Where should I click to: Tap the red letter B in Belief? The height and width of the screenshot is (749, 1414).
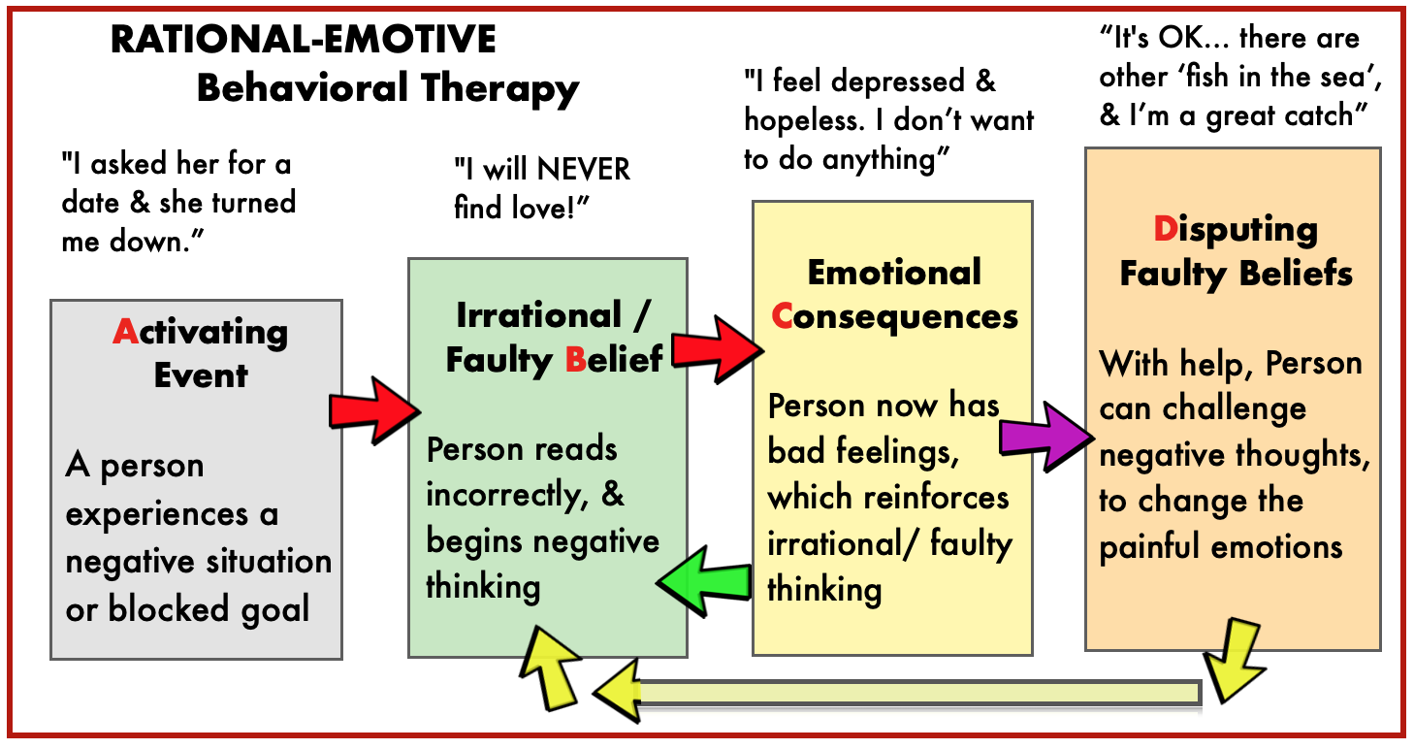pyautogui.click(x=576, y=359)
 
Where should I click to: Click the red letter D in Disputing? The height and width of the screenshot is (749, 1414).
pyautogui.click(x=1164, y=230)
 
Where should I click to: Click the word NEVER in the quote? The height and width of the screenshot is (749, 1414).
pyautogui.click(x=584, y=170)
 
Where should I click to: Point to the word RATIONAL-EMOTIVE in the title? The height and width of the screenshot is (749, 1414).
pyautogui.click(x=303, y=41)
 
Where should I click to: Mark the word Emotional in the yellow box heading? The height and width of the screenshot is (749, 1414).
pyautogui.click(x=893, y=273)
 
